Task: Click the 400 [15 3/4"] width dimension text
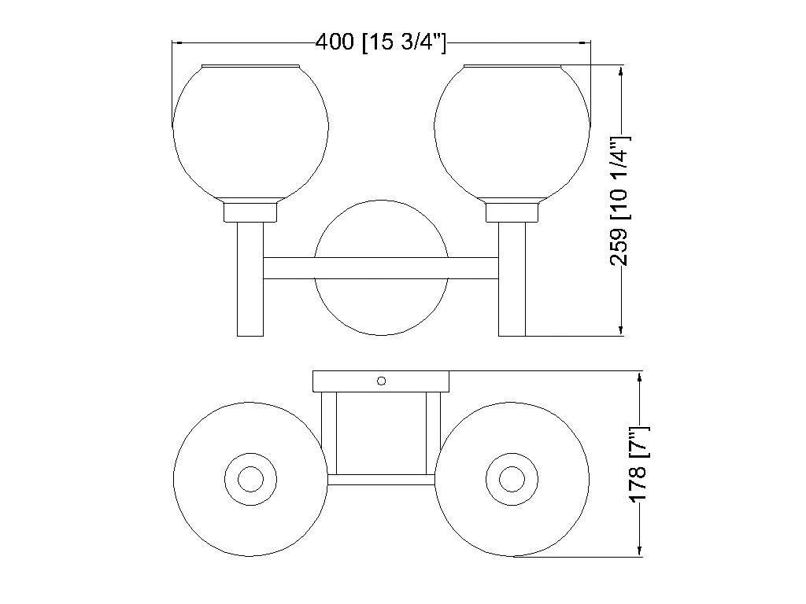tap(381, 42)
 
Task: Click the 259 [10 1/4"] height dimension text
tap(620, 201)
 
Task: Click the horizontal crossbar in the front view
tap(381, 267)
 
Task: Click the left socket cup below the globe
tap(250, 212)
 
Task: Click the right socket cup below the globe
tap(512, 212)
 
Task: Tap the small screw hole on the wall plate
tap(382, 381)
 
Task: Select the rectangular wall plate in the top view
tap(346, 381)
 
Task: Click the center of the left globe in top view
tap(250, 479)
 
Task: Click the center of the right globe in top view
tap(512, 479)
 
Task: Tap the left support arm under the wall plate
tap(329, 433)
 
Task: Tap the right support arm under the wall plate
tap(433, 433)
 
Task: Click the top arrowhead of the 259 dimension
tap(623, 73)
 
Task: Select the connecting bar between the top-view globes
tap(381, 479)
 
